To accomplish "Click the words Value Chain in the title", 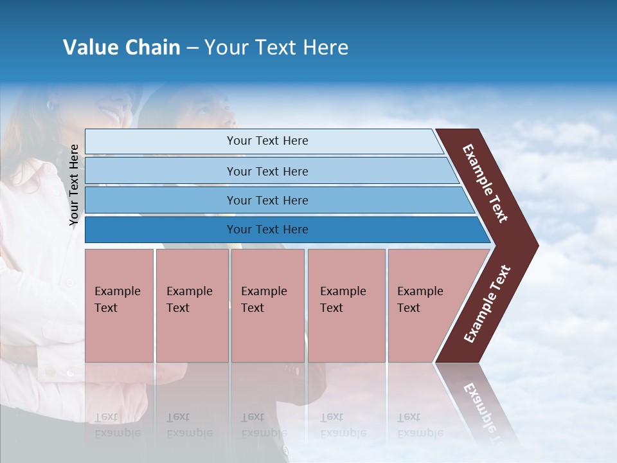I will click(121, 48).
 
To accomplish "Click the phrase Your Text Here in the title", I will click(276, 48).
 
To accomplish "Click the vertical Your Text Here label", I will click(74, 185).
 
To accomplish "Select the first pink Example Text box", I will click(119, 305).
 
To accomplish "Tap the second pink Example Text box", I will click(192, 305).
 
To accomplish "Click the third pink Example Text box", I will click(267, 305).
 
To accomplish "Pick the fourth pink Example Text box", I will click(346, 305).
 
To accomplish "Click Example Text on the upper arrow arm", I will click(485, 183).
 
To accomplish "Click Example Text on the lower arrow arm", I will click(487, 304).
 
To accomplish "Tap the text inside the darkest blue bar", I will click(267, 230).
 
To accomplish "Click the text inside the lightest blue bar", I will click(267, 141).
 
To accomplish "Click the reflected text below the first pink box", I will click(118, 425).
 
